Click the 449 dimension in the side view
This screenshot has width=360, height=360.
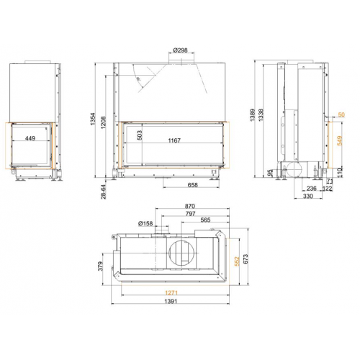click(32, 140)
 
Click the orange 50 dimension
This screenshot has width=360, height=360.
click(341, 115)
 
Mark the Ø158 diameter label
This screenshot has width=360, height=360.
click(147, 223)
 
